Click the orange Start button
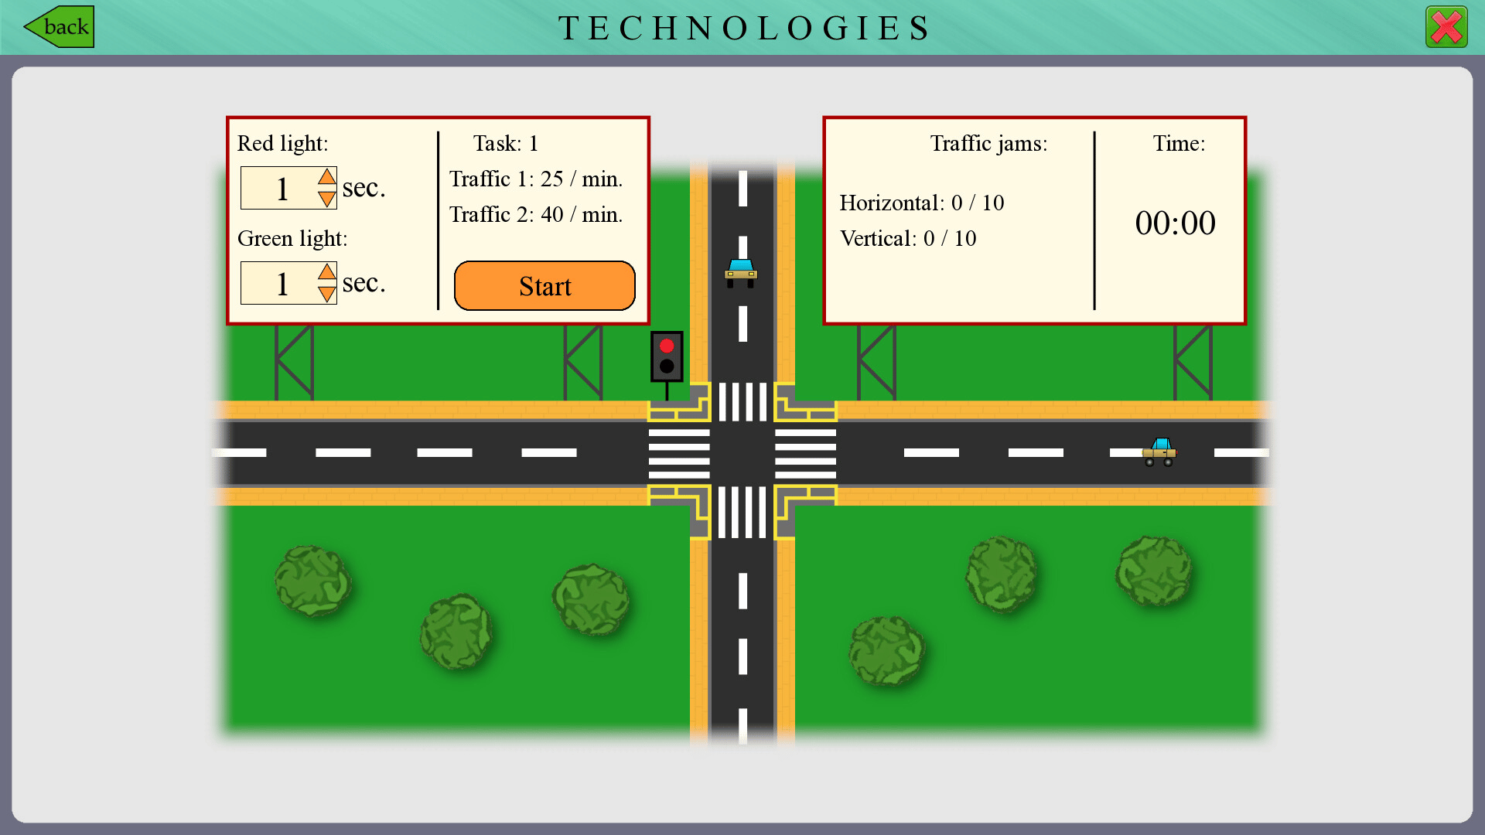point(544,286)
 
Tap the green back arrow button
point(60,27)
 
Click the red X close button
point(1446,28)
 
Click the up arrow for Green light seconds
point(327,272)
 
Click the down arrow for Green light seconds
point(327,294)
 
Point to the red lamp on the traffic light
point(667,346)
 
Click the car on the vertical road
point(741,273)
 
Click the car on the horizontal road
point(1159,452)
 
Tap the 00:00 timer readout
point(1175,223)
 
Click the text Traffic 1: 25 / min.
point(536,179)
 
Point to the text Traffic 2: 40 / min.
point(536,215)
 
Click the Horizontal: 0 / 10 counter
point(921,203)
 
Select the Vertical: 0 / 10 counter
point(908,239)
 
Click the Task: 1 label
point(505,144)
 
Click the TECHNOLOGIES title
point(743,29)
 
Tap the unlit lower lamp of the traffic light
point(667,366)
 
